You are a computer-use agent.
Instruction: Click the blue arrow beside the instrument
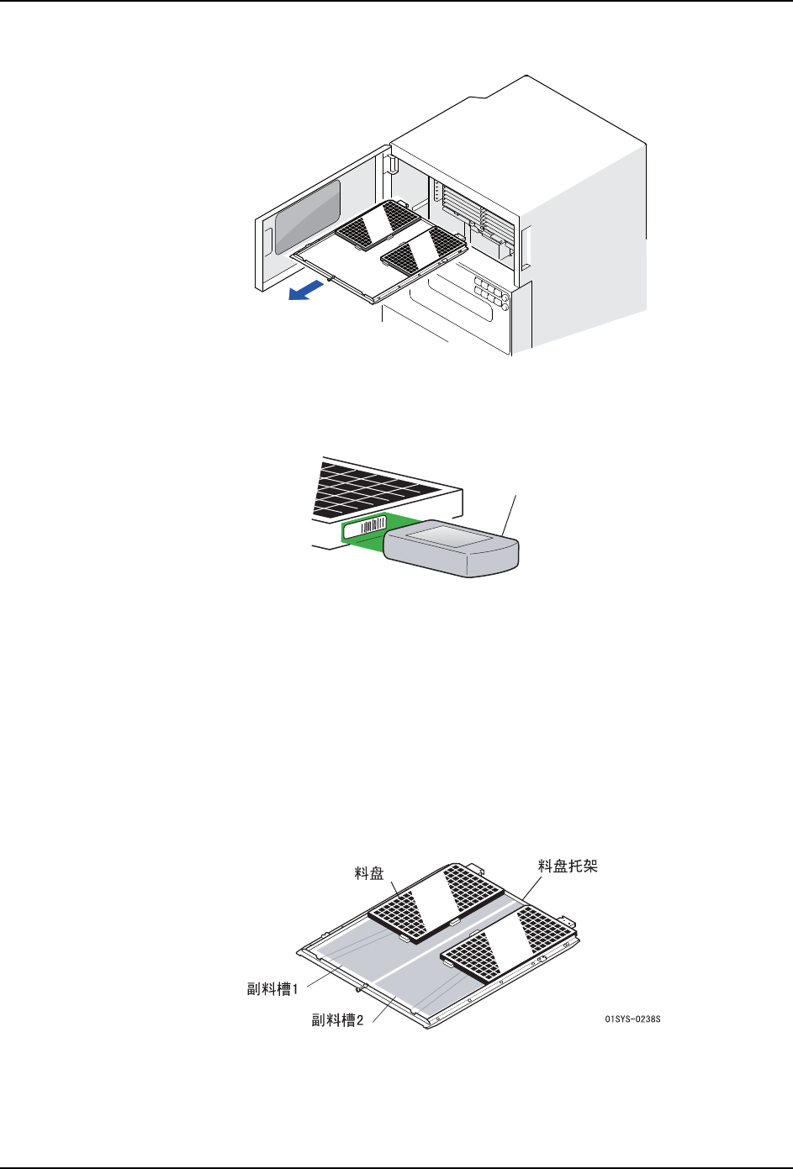tap(304, 292)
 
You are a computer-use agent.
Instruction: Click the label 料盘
tap(369, 874)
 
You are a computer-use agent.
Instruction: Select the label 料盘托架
tap(568, 866)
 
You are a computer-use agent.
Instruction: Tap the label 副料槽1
tap(272, 989)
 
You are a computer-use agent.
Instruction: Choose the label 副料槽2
tap(337, 1020)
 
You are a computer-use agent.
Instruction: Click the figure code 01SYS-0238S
tap(632, 1019)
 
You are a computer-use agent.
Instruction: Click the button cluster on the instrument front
tap(490, 292)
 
